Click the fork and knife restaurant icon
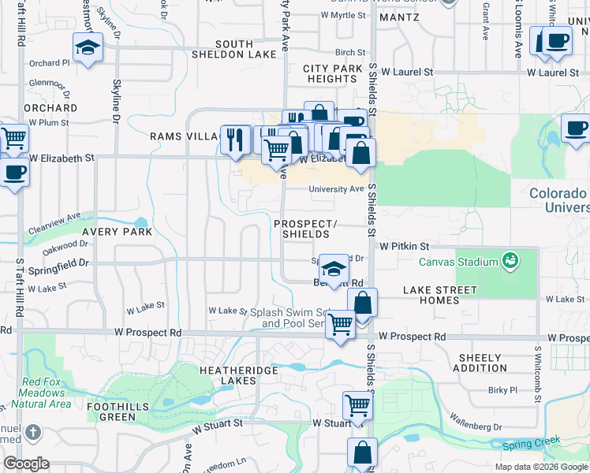click(235, 139)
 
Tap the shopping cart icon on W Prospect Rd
click(340, 323)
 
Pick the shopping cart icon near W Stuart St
click(357, 405)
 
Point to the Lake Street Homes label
click(439, 295)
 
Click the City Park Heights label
click(333, 74)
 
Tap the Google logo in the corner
click(26, 464)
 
